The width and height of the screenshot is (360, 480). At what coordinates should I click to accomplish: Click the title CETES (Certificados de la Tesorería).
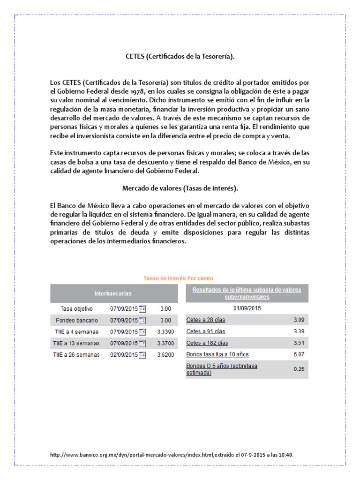point(180,57)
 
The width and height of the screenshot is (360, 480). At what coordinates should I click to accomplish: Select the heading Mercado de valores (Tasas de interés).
point(180,188)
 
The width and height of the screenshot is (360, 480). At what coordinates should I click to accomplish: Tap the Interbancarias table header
point(113,293)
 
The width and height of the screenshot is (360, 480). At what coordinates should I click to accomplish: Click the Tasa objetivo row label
point(77,309)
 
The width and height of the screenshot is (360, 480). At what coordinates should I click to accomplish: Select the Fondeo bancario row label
point(77,321)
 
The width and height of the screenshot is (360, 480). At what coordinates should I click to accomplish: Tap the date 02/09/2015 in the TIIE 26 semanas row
point(124,355)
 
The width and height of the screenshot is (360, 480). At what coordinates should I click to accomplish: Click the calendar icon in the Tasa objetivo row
point(142,309)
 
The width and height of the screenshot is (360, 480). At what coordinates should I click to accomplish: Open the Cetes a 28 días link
point(205,320)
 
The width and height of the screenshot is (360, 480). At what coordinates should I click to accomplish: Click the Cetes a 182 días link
point(206,343)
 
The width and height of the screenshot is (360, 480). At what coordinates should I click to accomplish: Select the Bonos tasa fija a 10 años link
point(217,354)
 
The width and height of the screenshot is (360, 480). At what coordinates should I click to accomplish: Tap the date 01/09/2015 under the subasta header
point(247,308)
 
